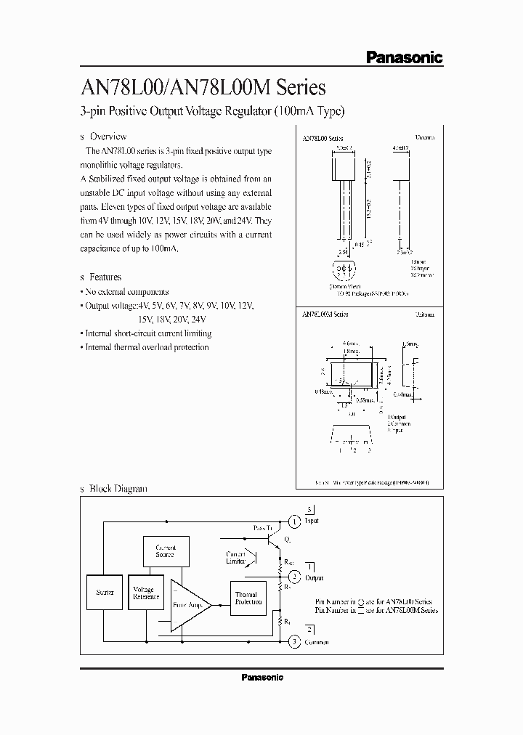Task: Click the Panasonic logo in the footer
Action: tap(261, 677)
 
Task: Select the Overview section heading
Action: tap(108, 136)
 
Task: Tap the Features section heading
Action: tap(105, 277)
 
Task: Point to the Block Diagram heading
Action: tap(117, 489)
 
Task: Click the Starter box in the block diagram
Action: tap(105, 593)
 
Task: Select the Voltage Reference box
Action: tap(146, 593)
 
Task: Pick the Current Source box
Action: tap(165, 551)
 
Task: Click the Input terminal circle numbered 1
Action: tap(294, 521)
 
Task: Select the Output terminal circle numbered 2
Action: tap(294, 577)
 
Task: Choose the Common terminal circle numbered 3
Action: tap(294, 641)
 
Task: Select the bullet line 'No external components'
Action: tap(126, 291)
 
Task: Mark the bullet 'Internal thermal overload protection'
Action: tap(147, 347)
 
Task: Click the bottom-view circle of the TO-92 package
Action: tap(343, 270)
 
